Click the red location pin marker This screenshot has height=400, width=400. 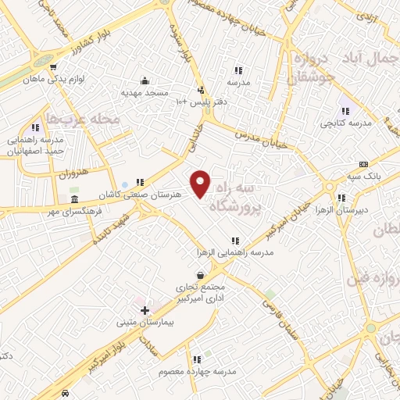[201, 184]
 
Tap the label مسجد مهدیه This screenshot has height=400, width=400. [145, 92]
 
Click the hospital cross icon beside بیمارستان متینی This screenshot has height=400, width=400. [145, 310]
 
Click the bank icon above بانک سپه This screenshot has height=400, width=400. [363, 164]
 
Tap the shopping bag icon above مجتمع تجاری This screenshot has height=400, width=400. [202, 275]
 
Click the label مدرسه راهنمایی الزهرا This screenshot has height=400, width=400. [232, 253]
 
